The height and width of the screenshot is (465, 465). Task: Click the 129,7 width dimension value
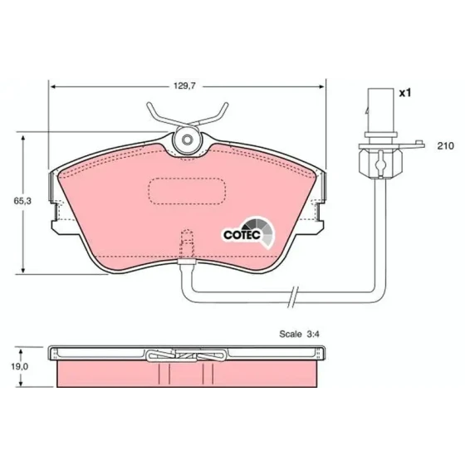(x=184, y=86)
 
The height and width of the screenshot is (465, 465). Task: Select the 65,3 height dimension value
(x=22, y=201)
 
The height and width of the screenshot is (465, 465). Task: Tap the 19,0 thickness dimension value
(x=20, y=366)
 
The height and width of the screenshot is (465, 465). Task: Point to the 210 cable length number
(x=445, y=146)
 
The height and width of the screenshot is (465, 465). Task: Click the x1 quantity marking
(x=405, y=93)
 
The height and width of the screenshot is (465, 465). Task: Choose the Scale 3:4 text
(x=299, y=334)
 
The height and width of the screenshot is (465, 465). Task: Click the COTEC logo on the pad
(x=249, y=232)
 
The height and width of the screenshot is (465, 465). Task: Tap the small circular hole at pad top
(x=187, y=139)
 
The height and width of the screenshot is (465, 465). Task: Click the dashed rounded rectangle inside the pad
(x=187, y=191)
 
